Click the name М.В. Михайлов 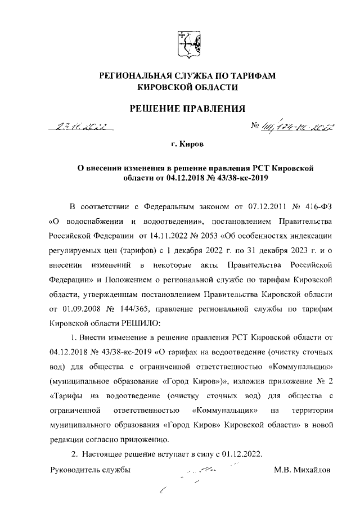pyautogui.click(x=303, y=469)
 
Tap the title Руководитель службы pyautogui.click(x=91, y=469)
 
